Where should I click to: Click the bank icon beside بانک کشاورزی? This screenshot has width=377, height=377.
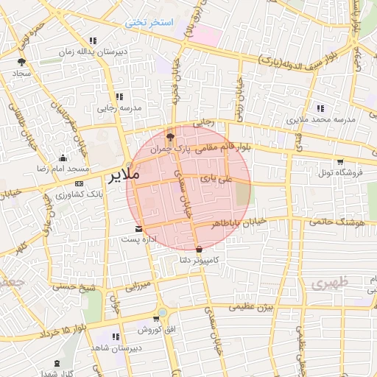point(80,184)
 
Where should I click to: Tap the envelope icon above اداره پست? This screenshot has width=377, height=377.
point(139,228)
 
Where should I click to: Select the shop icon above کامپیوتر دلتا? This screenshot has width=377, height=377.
point(199,250)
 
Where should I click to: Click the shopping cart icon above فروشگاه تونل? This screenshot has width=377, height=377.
point(339,162)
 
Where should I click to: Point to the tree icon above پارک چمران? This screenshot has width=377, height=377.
point(170,136)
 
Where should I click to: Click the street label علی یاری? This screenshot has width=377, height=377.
point(219,178)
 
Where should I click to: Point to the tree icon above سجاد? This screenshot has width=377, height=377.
point(21,62)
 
